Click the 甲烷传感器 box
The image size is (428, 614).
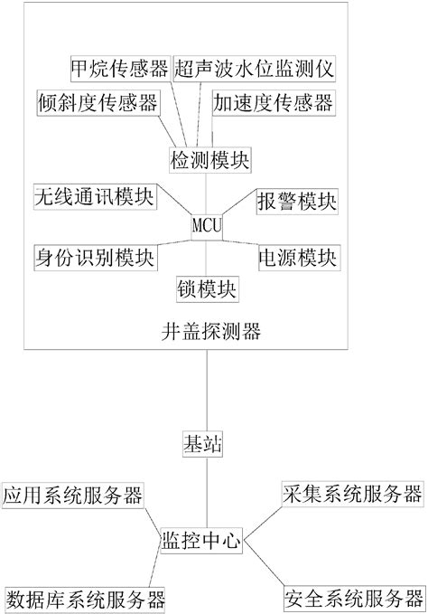pyautogui.click(x=120, y=68)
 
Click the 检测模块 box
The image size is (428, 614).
pyautogui.click(x=210, y=159)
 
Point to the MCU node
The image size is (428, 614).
pyautogui.click(x=207, y=222)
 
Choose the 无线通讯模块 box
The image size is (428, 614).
pyautogui.click(x=92, y=196)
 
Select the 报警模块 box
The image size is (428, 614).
pyautogui.click(x=297, y=199)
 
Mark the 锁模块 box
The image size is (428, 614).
pyautogui.click(x=207, y=289)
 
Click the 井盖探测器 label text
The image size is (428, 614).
pyautogui.click(x=207, y=331)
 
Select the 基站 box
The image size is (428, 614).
pyautogui.click(x=207, y=445)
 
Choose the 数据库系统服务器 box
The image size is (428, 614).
pyautogui.click(x=85, y=598)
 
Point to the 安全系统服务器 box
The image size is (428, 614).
pyautogui.click(x=352, y=598)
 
